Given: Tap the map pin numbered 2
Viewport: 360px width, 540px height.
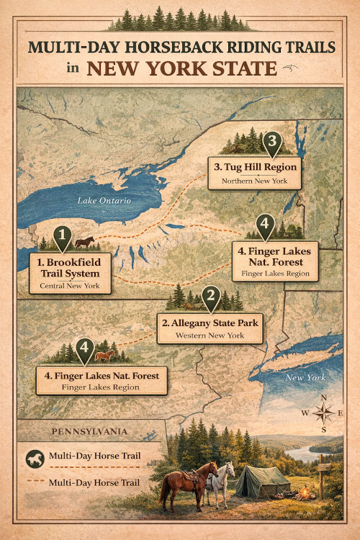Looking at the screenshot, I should (210, 295).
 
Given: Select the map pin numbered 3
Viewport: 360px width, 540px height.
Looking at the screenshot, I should (271, 141).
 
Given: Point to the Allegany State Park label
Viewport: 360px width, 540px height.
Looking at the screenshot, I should (209, 323).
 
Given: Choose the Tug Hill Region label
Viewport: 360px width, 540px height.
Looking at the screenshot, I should (256, 168).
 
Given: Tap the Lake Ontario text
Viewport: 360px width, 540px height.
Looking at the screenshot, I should (104, 201).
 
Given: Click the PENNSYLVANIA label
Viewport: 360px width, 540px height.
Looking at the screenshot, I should (89, 431).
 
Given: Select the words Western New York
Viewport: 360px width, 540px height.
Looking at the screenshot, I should (209, 336).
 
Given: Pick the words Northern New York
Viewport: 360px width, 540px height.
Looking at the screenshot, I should (256, 180).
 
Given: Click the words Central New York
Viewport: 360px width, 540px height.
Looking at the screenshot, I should (71, 287).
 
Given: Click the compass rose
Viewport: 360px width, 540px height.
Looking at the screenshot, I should (323, 413).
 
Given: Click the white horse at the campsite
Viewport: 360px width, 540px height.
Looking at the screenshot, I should (221, 483).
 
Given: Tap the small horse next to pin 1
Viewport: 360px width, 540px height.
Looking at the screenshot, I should (84, 242).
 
